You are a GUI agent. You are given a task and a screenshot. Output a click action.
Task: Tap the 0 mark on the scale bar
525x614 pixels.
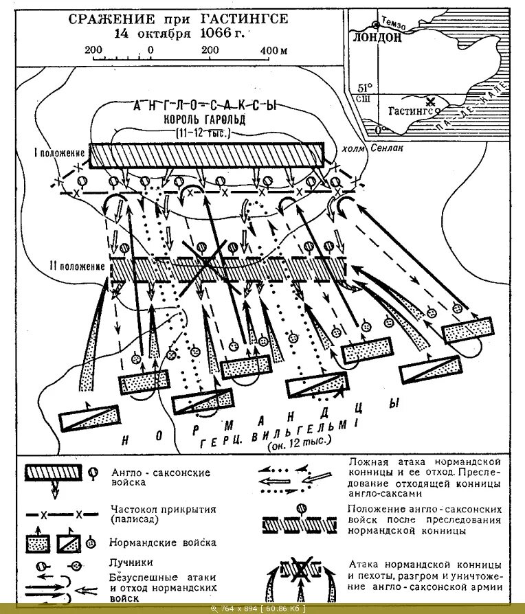click(150, 50)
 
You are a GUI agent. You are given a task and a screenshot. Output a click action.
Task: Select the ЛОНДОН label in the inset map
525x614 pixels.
click(376, 38)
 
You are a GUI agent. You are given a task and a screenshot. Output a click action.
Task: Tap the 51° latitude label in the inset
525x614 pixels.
click(364, 87)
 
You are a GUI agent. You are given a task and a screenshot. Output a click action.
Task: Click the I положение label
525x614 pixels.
click(60, 152)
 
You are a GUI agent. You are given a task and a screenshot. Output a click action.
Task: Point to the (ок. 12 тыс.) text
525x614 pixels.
click(299, 446)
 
